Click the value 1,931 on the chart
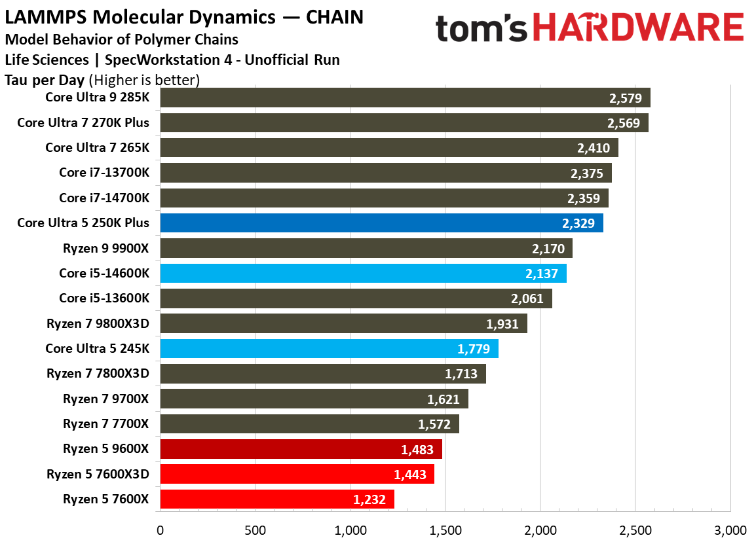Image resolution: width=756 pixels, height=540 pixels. (x=502, y=323)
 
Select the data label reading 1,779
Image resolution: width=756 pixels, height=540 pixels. (x=474, y=349)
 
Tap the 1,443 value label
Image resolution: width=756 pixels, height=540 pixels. (x=409, y=475)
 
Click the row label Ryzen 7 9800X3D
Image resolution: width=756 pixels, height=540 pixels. (x=98, y=323)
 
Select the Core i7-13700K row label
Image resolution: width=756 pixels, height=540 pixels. (x=104, y=173)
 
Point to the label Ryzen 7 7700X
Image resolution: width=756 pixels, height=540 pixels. (x=105, y=424)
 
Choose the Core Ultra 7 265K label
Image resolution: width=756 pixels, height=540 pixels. (x=97, y=147)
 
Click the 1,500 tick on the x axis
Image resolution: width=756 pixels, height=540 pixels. (x=444, y=529)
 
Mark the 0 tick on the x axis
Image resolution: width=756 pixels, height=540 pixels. (x=160, y=529)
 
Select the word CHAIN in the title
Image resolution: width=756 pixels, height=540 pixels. (x=333, y=16)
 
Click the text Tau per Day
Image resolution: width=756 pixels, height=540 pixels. (x=45, y=81)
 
